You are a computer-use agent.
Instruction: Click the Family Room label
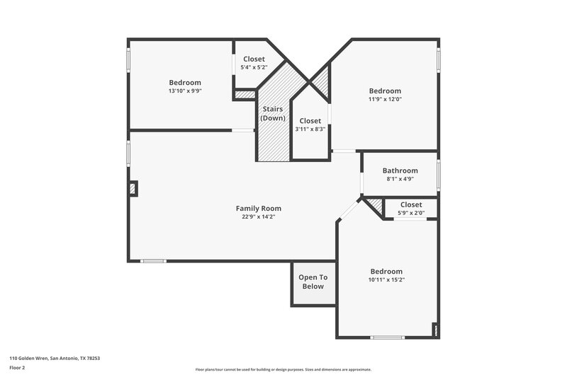[x=258, y=208]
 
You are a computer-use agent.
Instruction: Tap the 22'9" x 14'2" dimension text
[x=258, y=217]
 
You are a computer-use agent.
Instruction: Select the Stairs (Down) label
[x=274, y=113]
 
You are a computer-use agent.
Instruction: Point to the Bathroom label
[x=400, y=170]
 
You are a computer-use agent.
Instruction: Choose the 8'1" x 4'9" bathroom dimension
[x=400, y=179]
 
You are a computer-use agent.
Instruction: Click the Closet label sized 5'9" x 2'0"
[x=411, y=204]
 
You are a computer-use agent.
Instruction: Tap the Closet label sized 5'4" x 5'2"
[x=254, y=59]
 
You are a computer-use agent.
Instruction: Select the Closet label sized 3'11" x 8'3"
[x=310, y=121]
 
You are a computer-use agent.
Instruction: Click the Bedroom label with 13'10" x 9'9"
[x=184, y=82]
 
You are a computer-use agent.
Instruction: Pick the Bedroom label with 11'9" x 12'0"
[x=385, y=91]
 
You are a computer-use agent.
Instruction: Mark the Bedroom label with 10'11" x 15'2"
[x=386, y=271]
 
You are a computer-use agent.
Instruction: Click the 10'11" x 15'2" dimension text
[x=386, y=279]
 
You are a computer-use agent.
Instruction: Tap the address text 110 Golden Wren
[x=55, y=358]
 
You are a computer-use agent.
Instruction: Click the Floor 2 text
[x=17, y=368]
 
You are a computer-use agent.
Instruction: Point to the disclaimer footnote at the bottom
[x=283, y=369]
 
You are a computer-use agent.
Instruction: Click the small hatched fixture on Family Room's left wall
[x=133, y=189]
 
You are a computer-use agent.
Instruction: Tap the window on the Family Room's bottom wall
[x=153, y=261]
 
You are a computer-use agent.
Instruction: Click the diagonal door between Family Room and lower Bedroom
[x=349, y=209]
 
